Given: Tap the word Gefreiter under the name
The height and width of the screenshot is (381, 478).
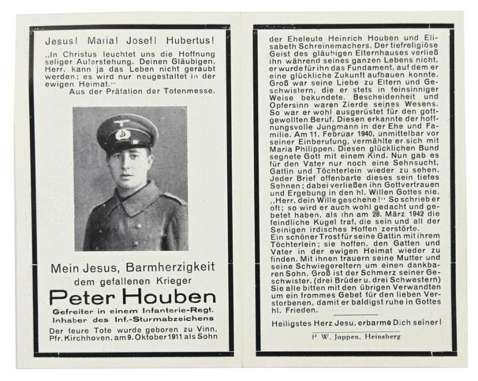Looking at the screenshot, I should coord(70,311).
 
